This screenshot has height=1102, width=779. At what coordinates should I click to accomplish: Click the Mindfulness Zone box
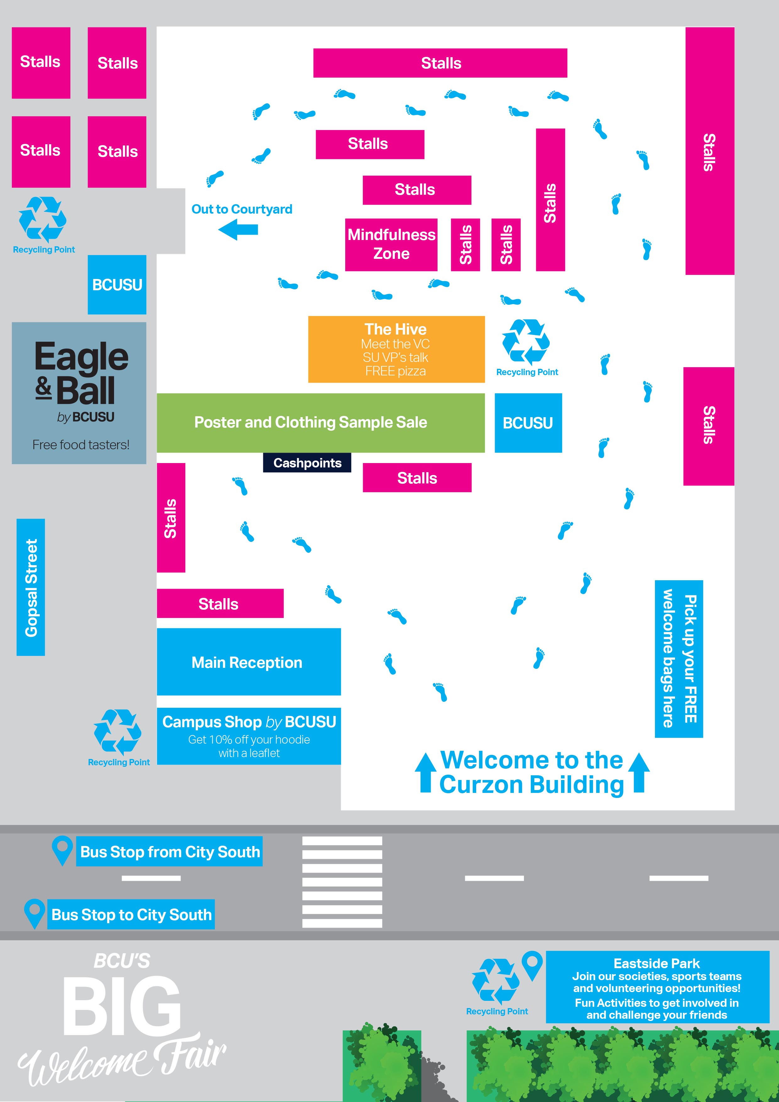(x=391, y=244)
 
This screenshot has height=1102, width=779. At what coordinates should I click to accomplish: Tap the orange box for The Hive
(x=396, y=349)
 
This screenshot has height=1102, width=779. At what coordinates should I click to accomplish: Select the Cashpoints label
(x=307, y=463)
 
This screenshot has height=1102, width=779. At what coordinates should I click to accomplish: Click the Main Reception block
(x=249, y=662)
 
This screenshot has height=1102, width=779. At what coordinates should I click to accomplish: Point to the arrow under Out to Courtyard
(x=238, y=229)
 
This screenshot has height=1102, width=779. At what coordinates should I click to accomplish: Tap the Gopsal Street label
(x=31, y=587)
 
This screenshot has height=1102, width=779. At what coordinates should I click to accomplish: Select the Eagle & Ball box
(x=79, y=393)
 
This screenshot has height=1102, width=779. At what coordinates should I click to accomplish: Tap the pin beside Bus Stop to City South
(x=34, y=914)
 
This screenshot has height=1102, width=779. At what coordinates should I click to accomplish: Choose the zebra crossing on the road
(x=342, y=882)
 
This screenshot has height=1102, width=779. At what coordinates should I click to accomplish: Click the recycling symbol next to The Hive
(x=526, y=342)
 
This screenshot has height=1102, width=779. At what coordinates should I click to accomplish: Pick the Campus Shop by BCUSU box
(x=249, y=736)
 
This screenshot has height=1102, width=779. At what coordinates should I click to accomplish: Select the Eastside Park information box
(x=656, y=987)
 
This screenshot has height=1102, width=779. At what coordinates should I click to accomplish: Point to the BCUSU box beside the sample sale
(x=528, y=423)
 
